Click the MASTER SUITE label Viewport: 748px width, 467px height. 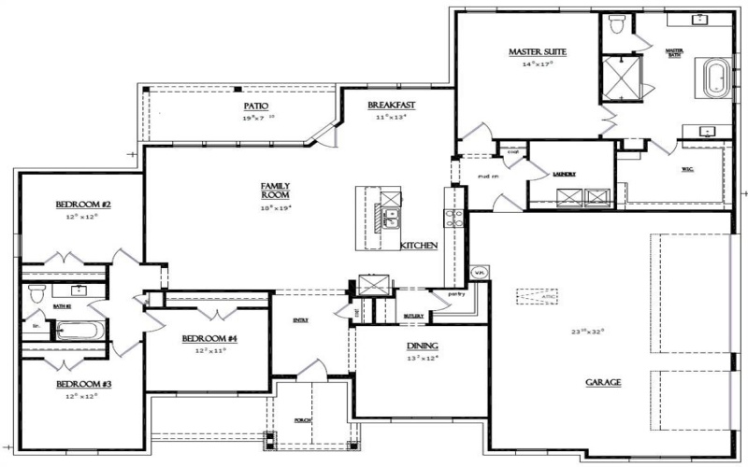point(538,51)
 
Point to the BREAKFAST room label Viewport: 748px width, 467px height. point(391,106)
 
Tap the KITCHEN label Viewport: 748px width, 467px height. point(419,245)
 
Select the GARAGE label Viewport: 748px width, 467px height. point(604,383)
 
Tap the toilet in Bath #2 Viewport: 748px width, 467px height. point(36,293)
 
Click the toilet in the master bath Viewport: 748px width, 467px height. point(615,26)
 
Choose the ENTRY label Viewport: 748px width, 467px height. point(302,320)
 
